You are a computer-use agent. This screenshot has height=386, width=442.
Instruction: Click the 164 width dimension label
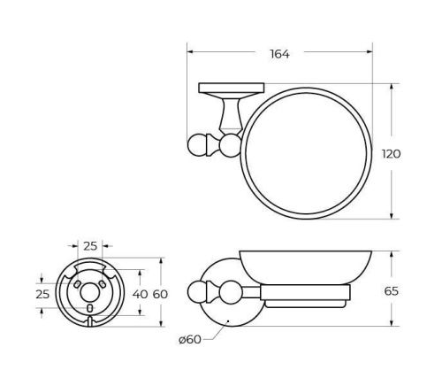pos(279,53)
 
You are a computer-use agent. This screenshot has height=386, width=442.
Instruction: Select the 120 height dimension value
pos(392,153)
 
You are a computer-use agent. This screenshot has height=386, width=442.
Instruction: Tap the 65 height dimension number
pos(392,289)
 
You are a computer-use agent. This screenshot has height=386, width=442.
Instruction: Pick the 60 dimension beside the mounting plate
pos(159,292)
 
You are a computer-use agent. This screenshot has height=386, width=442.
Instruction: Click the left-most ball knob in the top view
pos(195,144)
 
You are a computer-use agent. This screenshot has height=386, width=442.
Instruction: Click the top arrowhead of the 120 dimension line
pos(392,87)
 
